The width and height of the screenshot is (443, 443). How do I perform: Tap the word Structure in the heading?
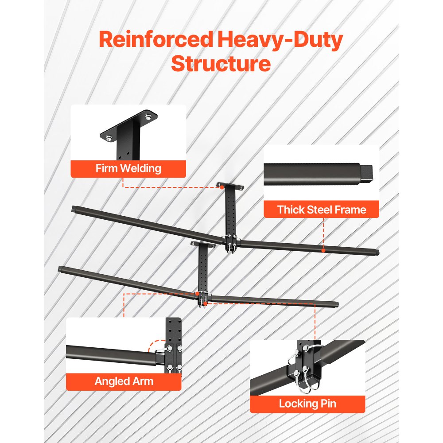(221, 63)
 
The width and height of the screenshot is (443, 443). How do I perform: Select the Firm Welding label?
(128, 169)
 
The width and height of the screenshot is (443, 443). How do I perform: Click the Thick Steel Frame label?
(321, 210)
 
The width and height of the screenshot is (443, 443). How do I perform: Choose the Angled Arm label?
(124, 381)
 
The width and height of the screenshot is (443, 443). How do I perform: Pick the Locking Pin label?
(307, 404)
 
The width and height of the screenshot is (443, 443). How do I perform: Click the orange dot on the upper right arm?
(323, 251)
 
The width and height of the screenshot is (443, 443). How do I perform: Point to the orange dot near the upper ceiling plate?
(222, 187)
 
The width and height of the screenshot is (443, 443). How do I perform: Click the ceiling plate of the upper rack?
(230, 185)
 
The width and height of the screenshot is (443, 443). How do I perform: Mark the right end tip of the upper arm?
(377, 253)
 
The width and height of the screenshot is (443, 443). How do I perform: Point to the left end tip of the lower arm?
(60, 268)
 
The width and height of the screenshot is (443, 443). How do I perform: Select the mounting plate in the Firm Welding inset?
(128, 126)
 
